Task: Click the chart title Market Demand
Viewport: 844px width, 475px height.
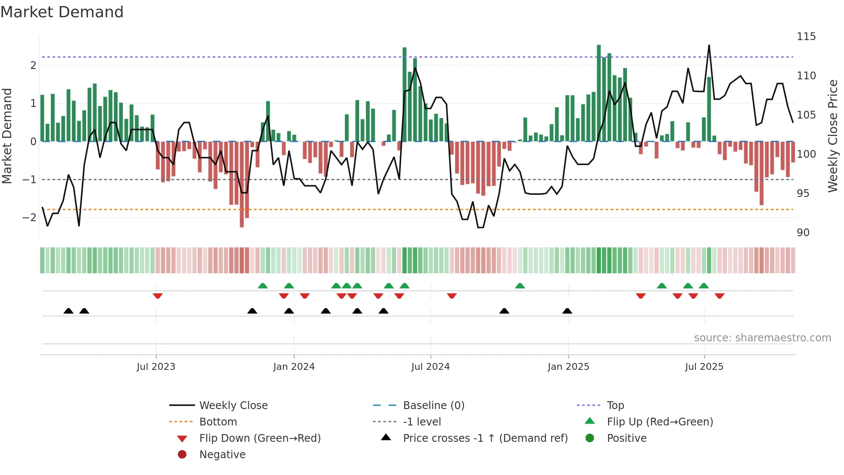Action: point(62,12)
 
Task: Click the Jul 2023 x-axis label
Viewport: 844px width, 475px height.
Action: point(156,366)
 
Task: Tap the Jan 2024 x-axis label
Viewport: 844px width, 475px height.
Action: point(294,366)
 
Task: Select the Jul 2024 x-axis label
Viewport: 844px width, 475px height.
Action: point(430,366)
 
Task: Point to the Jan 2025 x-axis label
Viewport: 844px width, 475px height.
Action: point(568,366)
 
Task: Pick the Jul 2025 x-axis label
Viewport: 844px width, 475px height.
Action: point(704,366)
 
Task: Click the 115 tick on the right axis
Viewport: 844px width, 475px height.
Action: point(806,37)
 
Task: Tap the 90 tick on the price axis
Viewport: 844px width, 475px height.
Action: point(803,233)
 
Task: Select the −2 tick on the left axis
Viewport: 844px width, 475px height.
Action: point(29,217)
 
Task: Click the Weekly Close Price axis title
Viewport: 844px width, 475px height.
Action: point(833,136)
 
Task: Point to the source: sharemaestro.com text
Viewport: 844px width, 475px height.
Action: point(762,338)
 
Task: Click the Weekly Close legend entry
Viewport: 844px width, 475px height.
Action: point(233,405)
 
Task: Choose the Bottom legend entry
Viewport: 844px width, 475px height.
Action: point(218,422)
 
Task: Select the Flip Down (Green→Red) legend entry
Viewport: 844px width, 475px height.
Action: point(260,438)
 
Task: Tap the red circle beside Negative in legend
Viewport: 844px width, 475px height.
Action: point(182,454)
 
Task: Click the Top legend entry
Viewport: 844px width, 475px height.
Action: point(615,405)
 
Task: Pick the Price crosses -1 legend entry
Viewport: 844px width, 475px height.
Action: point(485,438)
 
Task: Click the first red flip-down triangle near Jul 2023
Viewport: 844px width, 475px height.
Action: point(158,296)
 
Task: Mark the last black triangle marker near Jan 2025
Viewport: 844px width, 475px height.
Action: point(567,311)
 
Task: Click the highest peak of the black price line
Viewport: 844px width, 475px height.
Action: point(709,45)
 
